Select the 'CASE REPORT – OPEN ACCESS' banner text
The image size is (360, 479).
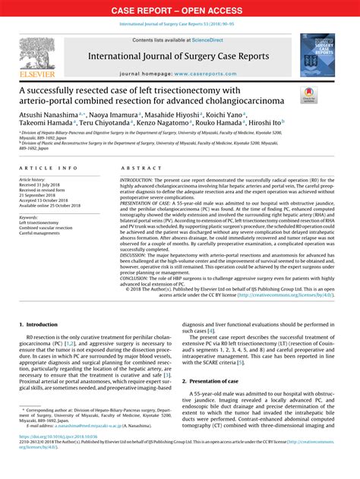pyautogui.click(x=179, y=10)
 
